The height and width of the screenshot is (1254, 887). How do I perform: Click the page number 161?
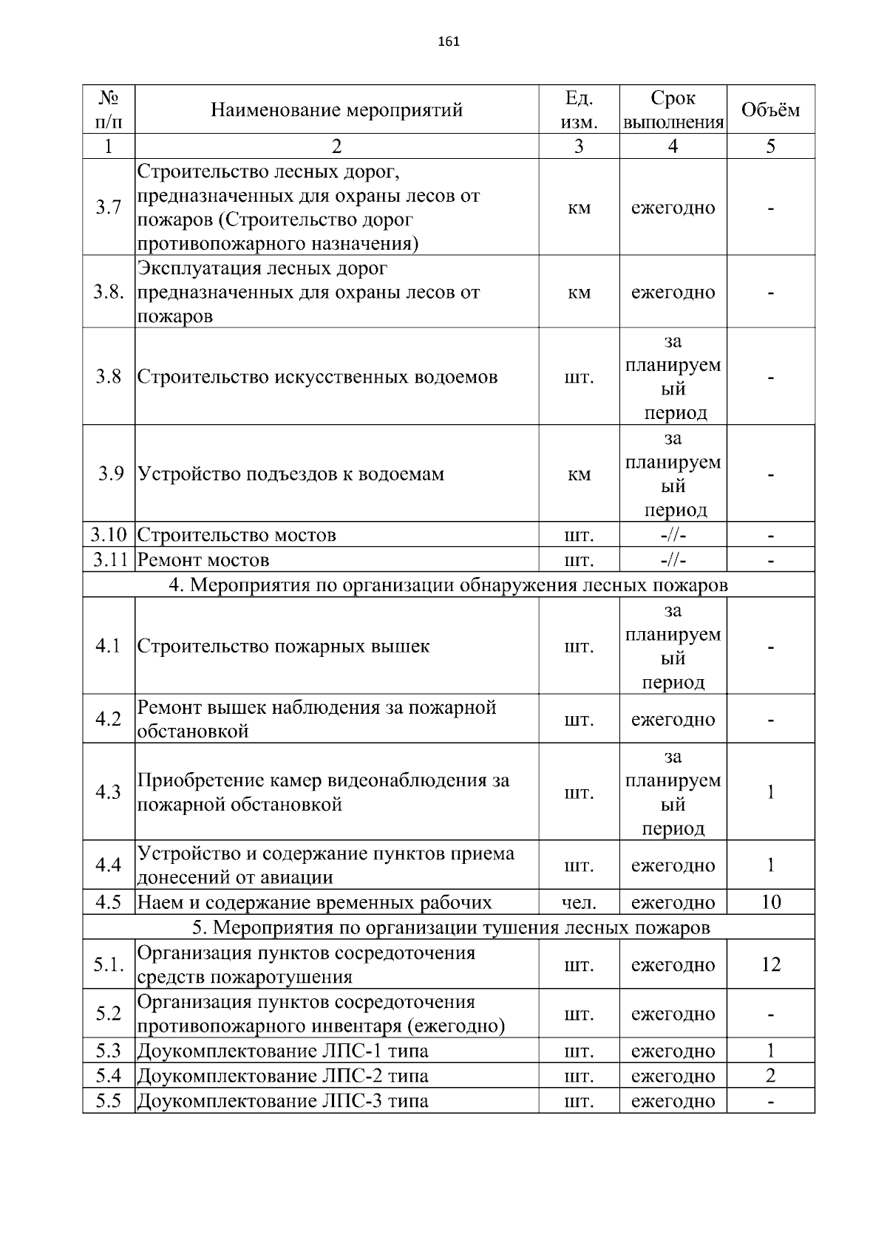pyautogui.click(x=449, y=41)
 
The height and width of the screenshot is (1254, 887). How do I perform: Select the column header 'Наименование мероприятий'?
pyautogui.click(x=336, y=110)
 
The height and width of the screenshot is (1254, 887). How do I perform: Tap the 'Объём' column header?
pyautogui.click(x=770, y=110)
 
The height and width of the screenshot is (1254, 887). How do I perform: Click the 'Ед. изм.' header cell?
pyautogui.click(x=579, y=110)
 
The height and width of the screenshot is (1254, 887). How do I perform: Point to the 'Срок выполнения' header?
pyautogui.click(x=673, y=110)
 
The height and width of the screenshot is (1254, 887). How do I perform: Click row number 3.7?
pyautogui.click(x=108, y=208)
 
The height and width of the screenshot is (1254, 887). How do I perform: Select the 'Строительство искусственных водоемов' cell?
pyautogui.click(x=318, y=377)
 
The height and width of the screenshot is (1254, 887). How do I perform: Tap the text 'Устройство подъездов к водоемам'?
pyautogui.click(x=291, y=474)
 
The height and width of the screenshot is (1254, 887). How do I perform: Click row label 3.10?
pyautogui.click(x=109, y=534)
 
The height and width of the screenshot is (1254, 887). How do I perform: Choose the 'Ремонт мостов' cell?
pyautogui.click(x=203, y=559)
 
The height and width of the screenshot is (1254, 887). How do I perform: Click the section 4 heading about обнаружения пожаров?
pyautogui.click(x=448, y=585)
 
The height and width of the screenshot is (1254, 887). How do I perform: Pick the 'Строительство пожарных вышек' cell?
pyautogui.click(x=283, y=646)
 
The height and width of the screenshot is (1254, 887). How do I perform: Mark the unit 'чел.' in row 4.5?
pyautogui.click(x=579, y=902)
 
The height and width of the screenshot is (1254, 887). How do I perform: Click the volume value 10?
pyautogui.click(x=770, y=902)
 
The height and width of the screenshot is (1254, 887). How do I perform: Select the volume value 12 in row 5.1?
pyautogui.click(x=770, y=964)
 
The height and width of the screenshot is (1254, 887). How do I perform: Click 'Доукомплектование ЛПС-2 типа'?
pyautogui.click(x=283, y=1075)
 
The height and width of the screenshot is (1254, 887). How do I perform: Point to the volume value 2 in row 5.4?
pyautogui.click(x=770, y=1075)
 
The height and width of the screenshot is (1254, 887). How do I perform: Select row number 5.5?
pyautogui.click(x=108, y=1100)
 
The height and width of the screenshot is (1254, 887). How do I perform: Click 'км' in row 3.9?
pyautogui.click(x=579, y=474)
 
